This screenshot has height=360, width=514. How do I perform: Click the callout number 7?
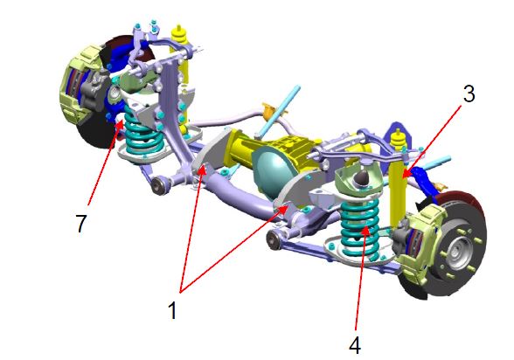pos(80,224)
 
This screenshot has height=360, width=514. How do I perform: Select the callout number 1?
pos(173,310)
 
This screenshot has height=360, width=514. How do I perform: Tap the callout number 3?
pos(469,93)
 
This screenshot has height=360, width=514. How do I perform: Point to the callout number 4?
pos(355,345)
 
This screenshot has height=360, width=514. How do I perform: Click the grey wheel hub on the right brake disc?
pos(456,252)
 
